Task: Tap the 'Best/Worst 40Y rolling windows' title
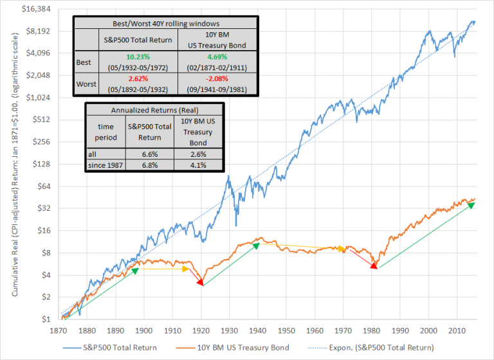pyautogui.click(x=166, y=23)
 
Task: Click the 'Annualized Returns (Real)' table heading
pyautogui.click(x=154, y=109)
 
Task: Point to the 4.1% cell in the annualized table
pyautogui.click(x=197, y=165)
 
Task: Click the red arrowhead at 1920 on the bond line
pyautogui.click(x=200, y=282)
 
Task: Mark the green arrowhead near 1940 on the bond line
pyautogui.click(x=256, y=245)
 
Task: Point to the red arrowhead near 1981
pyautogui.click(x=374, y=265)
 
